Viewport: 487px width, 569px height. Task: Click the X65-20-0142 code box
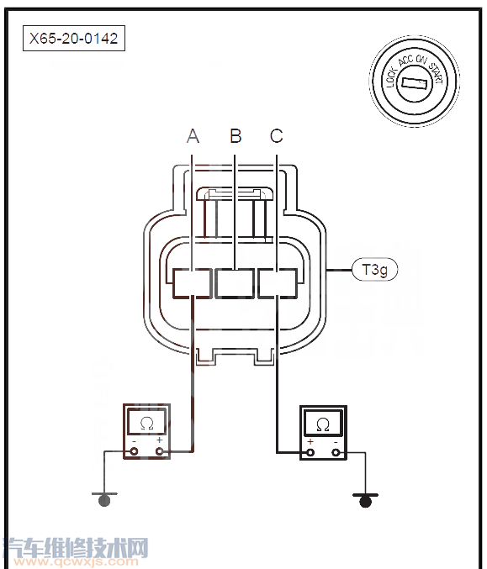[74, 38]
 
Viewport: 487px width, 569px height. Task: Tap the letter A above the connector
[193, 136]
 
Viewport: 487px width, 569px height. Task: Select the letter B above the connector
[236, 135]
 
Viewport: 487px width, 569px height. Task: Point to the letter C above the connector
[277, 136]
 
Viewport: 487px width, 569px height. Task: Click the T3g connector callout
[375, 270]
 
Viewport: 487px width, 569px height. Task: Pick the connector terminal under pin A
[192, 283]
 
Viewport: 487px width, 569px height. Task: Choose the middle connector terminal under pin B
[235, 283]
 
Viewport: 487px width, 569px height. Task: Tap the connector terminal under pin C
[278, 283]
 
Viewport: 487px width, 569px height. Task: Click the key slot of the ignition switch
[414, 83]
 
